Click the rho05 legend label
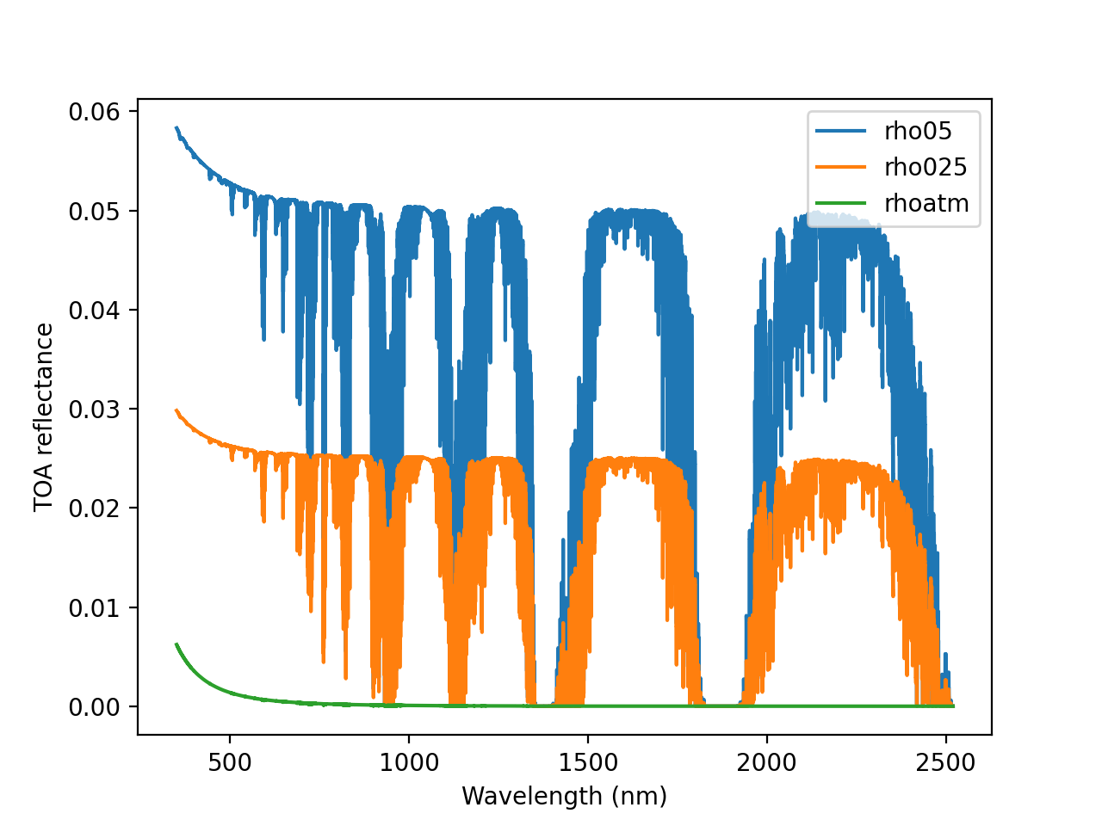[918, 131]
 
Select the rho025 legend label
[926, 167]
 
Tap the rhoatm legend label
[926, 203]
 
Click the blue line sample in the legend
[841, 131]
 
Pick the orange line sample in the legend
[841, 167]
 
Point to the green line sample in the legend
[841, 203]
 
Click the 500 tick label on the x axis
[230, 763]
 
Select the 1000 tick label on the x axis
[408, 763]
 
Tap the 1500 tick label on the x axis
[587, 763]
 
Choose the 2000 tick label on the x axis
[766, 763]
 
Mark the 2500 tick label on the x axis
[946, 763]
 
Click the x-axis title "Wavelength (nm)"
[564, 796]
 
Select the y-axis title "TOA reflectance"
[44, 417]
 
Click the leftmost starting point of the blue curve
[176, 127]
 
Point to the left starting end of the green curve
[176, 644]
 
